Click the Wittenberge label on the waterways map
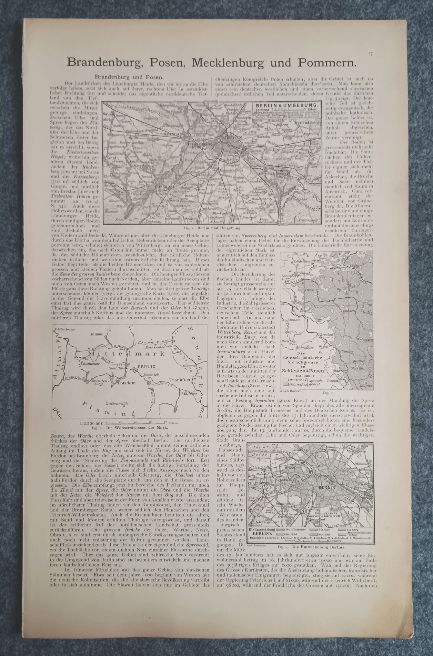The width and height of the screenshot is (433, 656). [65, 330]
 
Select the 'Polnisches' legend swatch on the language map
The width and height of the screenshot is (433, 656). [287, 385]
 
